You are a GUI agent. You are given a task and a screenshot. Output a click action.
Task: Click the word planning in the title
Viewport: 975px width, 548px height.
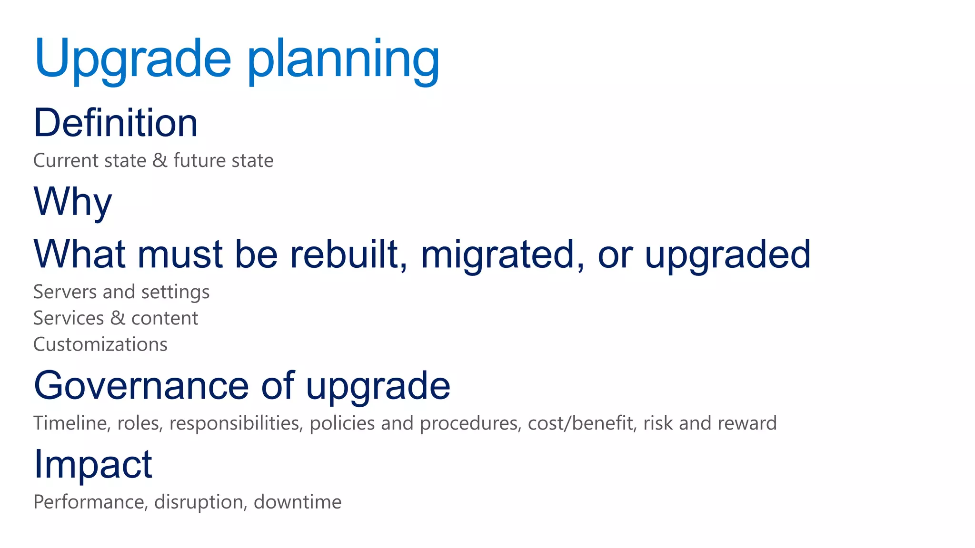point(343,61)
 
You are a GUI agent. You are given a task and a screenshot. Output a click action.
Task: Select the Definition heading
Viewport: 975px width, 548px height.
point(116,123)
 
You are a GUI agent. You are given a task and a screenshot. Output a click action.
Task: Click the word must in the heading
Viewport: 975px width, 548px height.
point(180,254)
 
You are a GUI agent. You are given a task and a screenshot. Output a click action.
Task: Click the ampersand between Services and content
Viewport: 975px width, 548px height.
point(118,318)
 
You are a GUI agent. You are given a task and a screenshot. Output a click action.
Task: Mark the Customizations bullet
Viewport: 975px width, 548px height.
point(100,344)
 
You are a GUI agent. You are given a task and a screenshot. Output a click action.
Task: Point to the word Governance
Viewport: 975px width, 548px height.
point(141,386)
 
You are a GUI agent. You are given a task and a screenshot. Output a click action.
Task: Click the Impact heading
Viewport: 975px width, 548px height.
point(93,465)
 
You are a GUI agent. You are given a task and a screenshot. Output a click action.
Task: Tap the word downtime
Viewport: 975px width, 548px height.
point(298,502)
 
